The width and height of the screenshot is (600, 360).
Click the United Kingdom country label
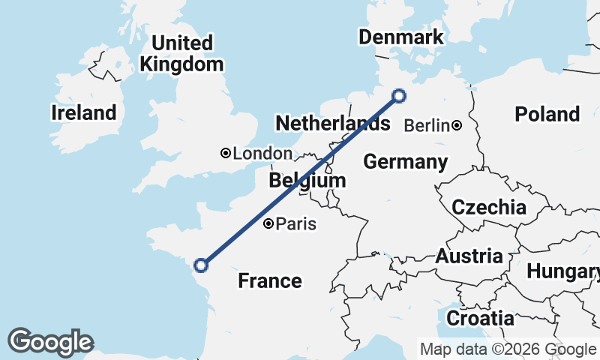pos(182,53)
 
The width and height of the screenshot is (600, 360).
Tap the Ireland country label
pos(85,113)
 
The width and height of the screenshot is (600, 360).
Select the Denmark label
pos(400,37)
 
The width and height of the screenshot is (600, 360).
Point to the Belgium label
pos(307,180)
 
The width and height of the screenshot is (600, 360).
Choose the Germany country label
pos(405,162)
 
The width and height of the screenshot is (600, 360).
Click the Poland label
pos(547,114)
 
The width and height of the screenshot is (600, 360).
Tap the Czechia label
pos(488,207)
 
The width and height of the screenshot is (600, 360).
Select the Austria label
pos(469,256)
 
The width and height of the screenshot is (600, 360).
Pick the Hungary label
pos(562,271)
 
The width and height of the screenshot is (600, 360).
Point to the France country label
pos(270,280)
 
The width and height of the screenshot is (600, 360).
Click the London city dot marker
pos(225,153)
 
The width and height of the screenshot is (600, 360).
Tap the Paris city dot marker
pos(269,223)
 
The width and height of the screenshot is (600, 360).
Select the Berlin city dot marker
pos(457,125)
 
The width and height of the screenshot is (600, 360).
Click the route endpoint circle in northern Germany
pos(399,96)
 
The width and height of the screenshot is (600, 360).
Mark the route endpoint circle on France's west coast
pos(200,265)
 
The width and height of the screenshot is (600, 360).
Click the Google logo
pos(50,342)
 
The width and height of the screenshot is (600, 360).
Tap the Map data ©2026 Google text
pos(507,349)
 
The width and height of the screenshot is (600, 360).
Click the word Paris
pos(297,223)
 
